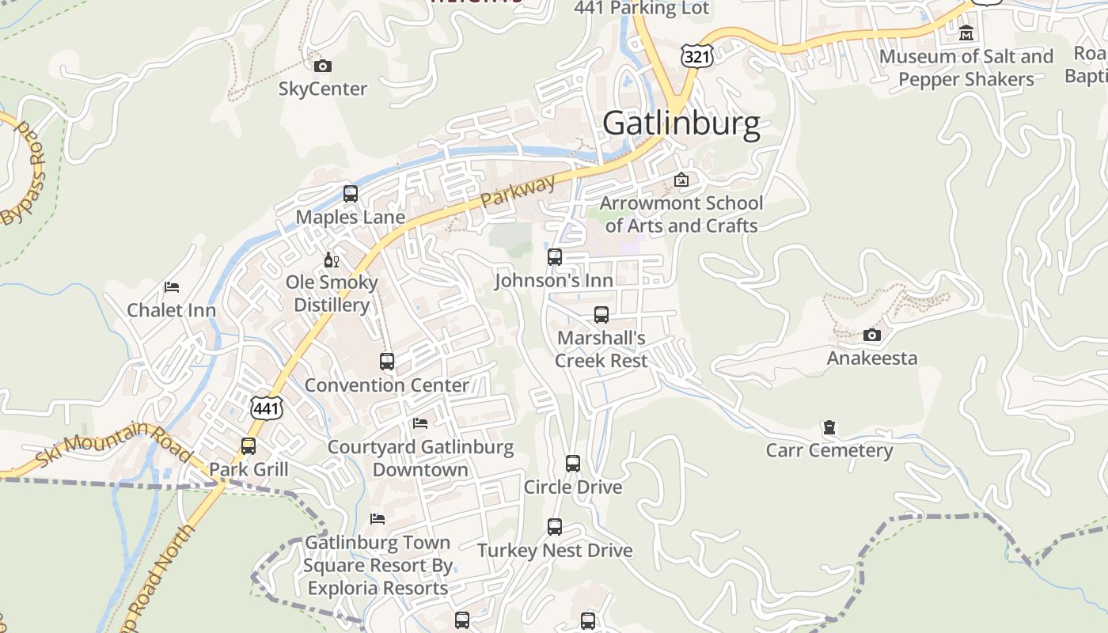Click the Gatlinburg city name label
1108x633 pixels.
click(681, 124)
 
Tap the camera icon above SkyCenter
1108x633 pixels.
click(323, 66)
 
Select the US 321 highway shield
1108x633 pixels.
click(696, 55)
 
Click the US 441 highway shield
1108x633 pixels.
click(266, 408)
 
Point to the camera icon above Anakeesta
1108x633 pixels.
click(872, 335)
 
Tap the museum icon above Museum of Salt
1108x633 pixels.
click(966, 33)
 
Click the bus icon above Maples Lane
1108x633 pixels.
click(350, 193)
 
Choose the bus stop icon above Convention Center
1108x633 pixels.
click(387, 362)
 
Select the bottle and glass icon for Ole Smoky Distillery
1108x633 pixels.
click(332, 260)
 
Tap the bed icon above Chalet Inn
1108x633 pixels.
click(172, 286)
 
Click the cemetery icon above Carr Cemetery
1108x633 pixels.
click(829, 427)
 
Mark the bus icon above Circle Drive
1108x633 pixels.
click(573, 464)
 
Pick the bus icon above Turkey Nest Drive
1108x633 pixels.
click(555, 527)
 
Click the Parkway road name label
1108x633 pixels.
click(518, 191)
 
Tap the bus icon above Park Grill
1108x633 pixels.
click(249, 446)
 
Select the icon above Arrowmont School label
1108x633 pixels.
click(681, 180)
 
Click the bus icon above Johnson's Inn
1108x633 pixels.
click(555, 256)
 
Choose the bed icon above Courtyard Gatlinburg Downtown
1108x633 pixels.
click(420, 423)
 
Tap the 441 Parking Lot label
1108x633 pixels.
click(642, 9)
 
